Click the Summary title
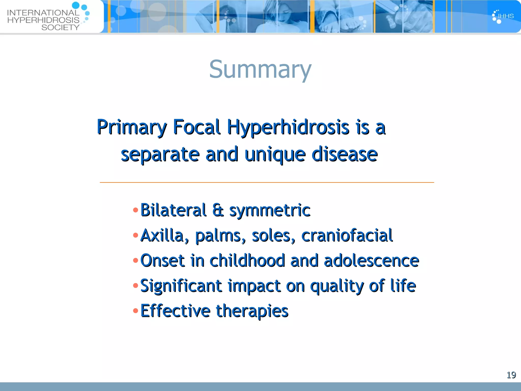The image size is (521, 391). coord(260,69)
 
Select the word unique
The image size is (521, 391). coord(275,155)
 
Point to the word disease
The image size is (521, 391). coord(344,155)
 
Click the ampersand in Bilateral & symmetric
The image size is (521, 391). coord(218,210)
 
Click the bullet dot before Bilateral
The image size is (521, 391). coord(136,210)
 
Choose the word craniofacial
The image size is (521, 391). coord(347,235)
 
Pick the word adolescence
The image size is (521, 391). coord(371,261)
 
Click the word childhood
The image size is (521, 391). coord(247,261)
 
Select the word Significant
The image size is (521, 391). coord(181,286)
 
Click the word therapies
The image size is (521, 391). coord(252,311)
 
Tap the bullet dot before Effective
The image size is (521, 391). coord(136,311)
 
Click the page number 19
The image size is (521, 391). coord(511,375)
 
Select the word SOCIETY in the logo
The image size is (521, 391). coord(60,27)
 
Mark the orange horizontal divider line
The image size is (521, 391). coord(267,183)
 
